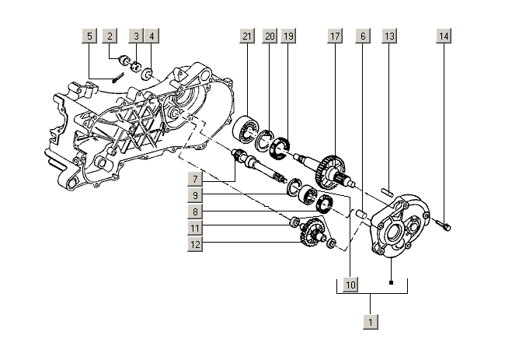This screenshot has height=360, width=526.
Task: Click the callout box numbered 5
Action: (x=90, y=37)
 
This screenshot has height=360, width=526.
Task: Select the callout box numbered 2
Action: (x=111, y=37)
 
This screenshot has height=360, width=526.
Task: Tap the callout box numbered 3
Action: (x=136, y=37)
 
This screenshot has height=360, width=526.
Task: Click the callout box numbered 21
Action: (x=247, y=37)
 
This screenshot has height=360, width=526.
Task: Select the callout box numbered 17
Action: (x=335, y=37)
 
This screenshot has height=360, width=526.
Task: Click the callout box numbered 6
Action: (x=362, y=37)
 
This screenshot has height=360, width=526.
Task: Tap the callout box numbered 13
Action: (x=390, y=37)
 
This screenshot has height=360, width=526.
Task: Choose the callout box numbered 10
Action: (x=350, y=285)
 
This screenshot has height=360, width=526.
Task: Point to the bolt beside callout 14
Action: (x=444, y=225)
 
